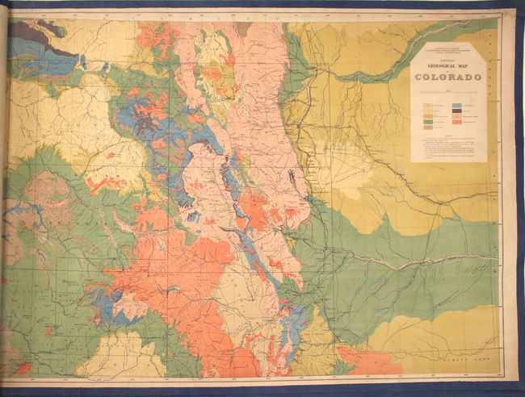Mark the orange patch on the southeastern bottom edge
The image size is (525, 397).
click(367, 361)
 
